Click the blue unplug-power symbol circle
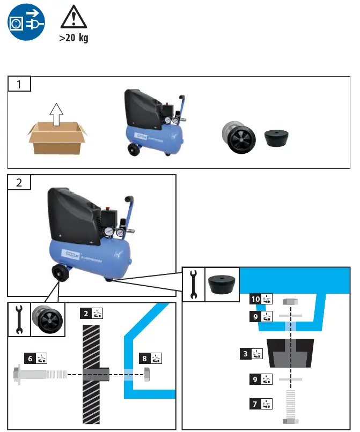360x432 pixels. (x=26, y=22)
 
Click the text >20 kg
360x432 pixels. (x=74, y=39)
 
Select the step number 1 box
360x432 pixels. (x=19, y=84)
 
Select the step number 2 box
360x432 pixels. (x=19, y=182)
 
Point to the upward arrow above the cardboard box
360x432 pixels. (x=56, y=114)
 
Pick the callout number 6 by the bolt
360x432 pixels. (x=30, y=357)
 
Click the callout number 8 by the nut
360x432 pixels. (x=144, y=357)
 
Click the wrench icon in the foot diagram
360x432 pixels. (x=194, y=284)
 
